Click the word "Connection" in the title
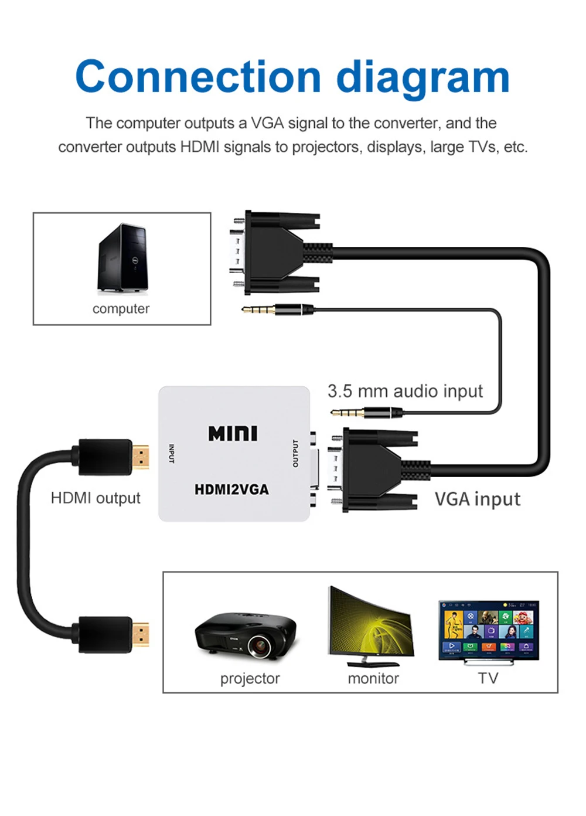(198, 77)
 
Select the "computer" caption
(121, 309)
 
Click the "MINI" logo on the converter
(233, 433)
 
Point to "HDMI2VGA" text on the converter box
(231, 489)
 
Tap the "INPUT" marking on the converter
(171, 453)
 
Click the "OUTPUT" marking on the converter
(295, 453)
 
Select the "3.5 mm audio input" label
(405, 391)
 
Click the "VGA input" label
(477, 499)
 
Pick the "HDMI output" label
(96, 498)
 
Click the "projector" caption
(250, 678)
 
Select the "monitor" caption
(373, 678)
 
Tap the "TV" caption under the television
(488, 678)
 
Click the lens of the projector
(258, 646)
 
